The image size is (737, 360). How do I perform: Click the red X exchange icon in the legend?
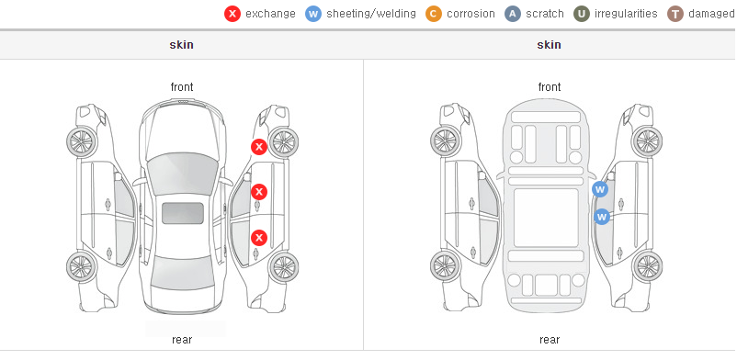pyautogui.click(x=232, y=14)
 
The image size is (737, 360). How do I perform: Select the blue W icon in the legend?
pyautogui.click(x=313, y=14)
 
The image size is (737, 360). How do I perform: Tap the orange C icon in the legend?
pyautogui.click(x=434, y=14)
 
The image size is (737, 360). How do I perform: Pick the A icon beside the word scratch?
pyautogui.click(x=513, y=14)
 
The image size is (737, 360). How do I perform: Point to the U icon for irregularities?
pyautogui.click(x=582, y=14)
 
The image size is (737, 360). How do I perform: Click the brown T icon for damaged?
pyautogui.click(x=675, y=14)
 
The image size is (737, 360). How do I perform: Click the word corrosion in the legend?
pyautogui.click(x=471, y=14)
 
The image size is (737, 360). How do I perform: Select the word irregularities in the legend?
pyautogui.click(x=626, y=14)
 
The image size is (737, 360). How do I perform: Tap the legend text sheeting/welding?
pyautogui.click(x=371, y=14)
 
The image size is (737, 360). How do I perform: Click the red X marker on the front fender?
pyautogui.click(x=259, y=147)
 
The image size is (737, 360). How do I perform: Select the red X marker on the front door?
pyautogui.click(x=259, y=192)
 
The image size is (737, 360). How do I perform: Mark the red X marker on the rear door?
pyautogui.click(x=259, y=238)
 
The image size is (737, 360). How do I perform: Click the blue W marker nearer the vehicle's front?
pyautogui.click(x=600, y=189)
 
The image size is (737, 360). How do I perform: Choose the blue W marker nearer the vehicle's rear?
pyautogui.click(x=602, y=217)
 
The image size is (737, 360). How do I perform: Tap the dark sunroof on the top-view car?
pyautogui.click(x=183, y=213)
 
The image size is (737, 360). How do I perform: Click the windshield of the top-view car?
pyautogui.click(x=182, y=173)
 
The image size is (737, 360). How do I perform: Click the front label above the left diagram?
pyautogui.click(x=182, y=87)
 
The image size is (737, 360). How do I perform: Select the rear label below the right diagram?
pyautogui.click(x=550, y=340)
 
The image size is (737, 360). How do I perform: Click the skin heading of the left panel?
pyautogui.click(x=181, y=45)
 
